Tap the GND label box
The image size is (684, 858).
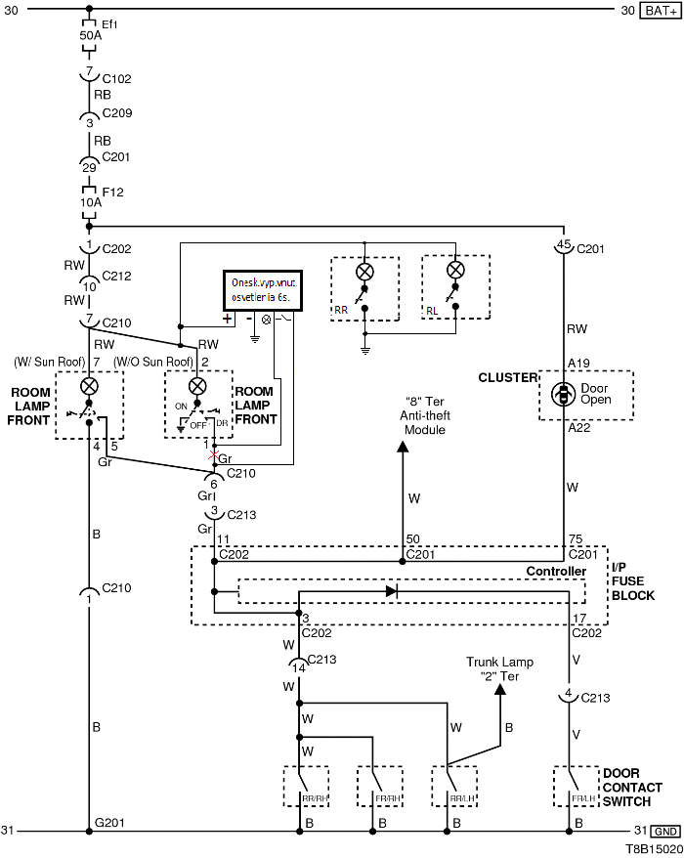point(664,831)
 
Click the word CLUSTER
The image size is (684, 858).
point(507,377)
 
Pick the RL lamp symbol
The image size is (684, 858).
point(454,271)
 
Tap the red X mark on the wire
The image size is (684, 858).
point(214,455)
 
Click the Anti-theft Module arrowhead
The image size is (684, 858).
point(402,447)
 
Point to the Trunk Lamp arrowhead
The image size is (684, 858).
point(499,689)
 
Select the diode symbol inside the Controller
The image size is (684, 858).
point(391,590)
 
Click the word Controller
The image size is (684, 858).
point(556,572)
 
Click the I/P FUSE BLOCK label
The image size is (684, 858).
point(632,580)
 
